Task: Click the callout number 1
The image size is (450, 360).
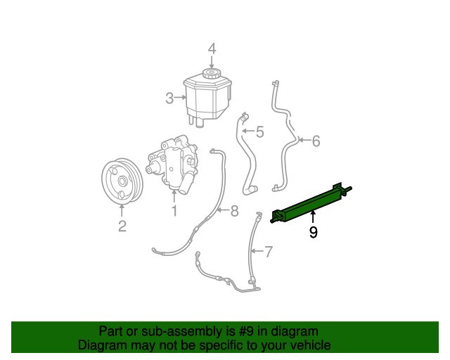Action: [174, 210]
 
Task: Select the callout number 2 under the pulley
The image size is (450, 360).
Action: [122, 226]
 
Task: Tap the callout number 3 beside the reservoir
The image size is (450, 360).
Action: [169, 98]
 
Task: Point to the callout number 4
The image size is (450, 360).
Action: [211, 49]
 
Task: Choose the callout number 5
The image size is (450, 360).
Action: [259, 131]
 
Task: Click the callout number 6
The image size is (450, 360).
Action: [316, 141]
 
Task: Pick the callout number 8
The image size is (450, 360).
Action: [234, 210]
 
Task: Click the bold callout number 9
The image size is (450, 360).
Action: [313, 232]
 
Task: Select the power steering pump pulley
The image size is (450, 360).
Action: [122, 182]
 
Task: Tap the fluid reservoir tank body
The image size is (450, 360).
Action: [207, 98]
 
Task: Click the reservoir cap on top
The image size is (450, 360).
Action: [211, 73]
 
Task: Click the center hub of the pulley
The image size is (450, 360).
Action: [122, 182]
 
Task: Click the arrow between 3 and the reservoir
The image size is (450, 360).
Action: [179, 98]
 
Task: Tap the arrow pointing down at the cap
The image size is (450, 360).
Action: [211, 62]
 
